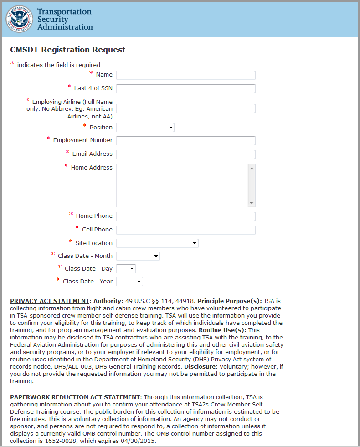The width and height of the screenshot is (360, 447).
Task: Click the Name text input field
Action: [185, 75]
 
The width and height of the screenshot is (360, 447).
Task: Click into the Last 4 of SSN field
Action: [185, 89]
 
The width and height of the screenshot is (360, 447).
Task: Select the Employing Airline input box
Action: [185, 108]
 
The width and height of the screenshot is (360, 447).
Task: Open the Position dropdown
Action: [145, 128]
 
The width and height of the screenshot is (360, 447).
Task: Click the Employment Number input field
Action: [185, 141]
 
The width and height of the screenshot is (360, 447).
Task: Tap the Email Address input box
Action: [185, 154]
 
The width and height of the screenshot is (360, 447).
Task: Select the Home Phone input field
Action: [185, 216]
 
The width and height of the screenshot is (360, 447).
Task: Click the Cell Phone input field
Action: [185, 230]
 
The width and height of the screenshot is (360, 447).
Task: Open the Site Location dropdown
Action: [157, 243]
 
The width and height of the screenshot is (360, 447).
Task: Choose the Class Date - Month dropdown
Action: [138, 256]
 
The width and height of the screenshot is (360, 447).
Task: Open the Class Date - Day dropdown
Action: [126, 269]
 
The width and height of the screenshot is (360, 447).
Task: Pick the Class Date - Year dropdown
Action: [129, 282]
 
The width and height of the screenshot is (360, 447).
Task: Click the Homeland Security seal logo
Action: [19, 19]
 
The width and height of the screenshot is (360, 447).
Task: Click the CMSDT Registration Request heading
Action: [67, 50]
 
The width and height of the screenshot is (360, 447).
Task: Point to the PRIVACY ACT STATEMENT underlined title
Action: [49, 301]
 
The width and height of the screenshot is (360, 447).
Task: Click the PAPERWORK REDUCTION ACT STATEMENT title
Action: [75, 397]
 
